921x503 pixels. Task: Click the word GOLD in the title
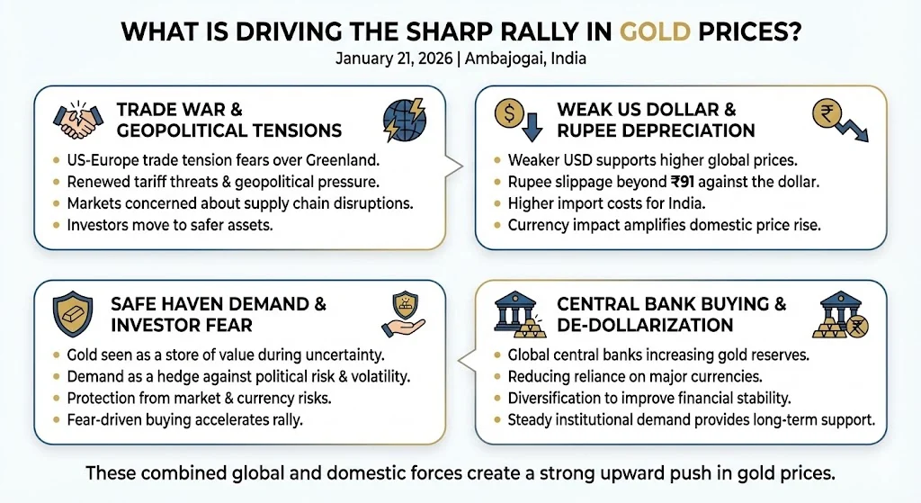click(650, 31)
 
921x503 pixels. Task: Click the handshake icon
click(76, 121)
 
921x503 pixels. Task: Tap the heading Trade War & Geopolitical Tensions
click(228, 121)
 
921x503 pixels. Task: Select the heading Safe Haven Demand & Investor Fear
click(218, 314)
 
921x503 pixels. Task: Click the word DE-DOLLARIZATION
click(645, 325)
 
